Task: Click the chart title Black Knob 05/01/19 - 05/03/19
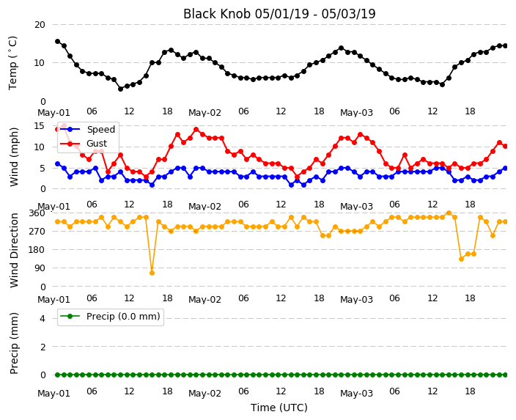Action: click(279, 14)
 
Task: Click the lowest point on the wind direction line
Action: click(152, 273)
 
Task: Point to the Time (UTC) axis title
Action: click(279, 408)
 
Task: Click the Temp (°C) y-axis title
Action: click(12, 63)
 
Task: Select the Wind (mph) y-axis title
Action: click(14, 157)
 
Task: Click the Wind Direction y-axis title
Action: click(14, 250)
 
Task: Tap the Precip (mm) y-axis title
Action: click(14, 343)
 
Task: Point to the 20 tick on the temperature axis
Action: click(40, 25)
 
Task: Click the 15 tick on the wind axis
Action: click(40, 126)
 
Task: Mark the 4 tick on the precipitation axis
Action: click(43, 318)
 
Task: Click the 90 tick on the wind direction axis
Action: click(40, 268)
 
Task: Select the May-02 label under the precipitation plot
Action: click(204, 394)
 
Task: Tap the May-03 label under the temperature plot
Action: click(356, 113)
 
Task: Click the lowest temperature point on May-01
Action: click(120, 89)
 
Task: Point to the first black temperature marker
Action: click(58, 42)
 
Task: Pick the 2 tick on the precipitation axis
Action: click(43, 347)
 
